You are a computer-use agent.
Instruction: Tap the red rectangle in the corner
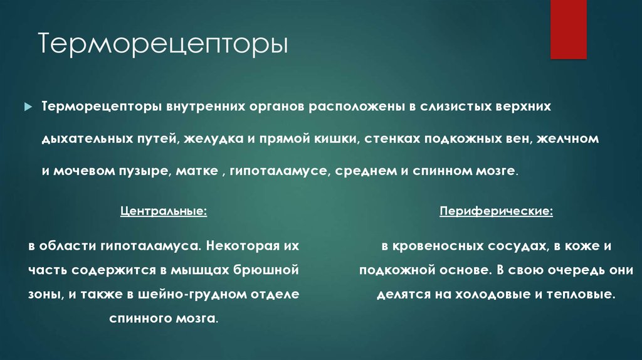[568, 29]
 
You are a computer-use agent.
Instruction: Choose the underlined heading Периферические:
[496, 212]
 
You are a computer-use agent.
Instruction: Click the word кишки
[330, 138]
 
